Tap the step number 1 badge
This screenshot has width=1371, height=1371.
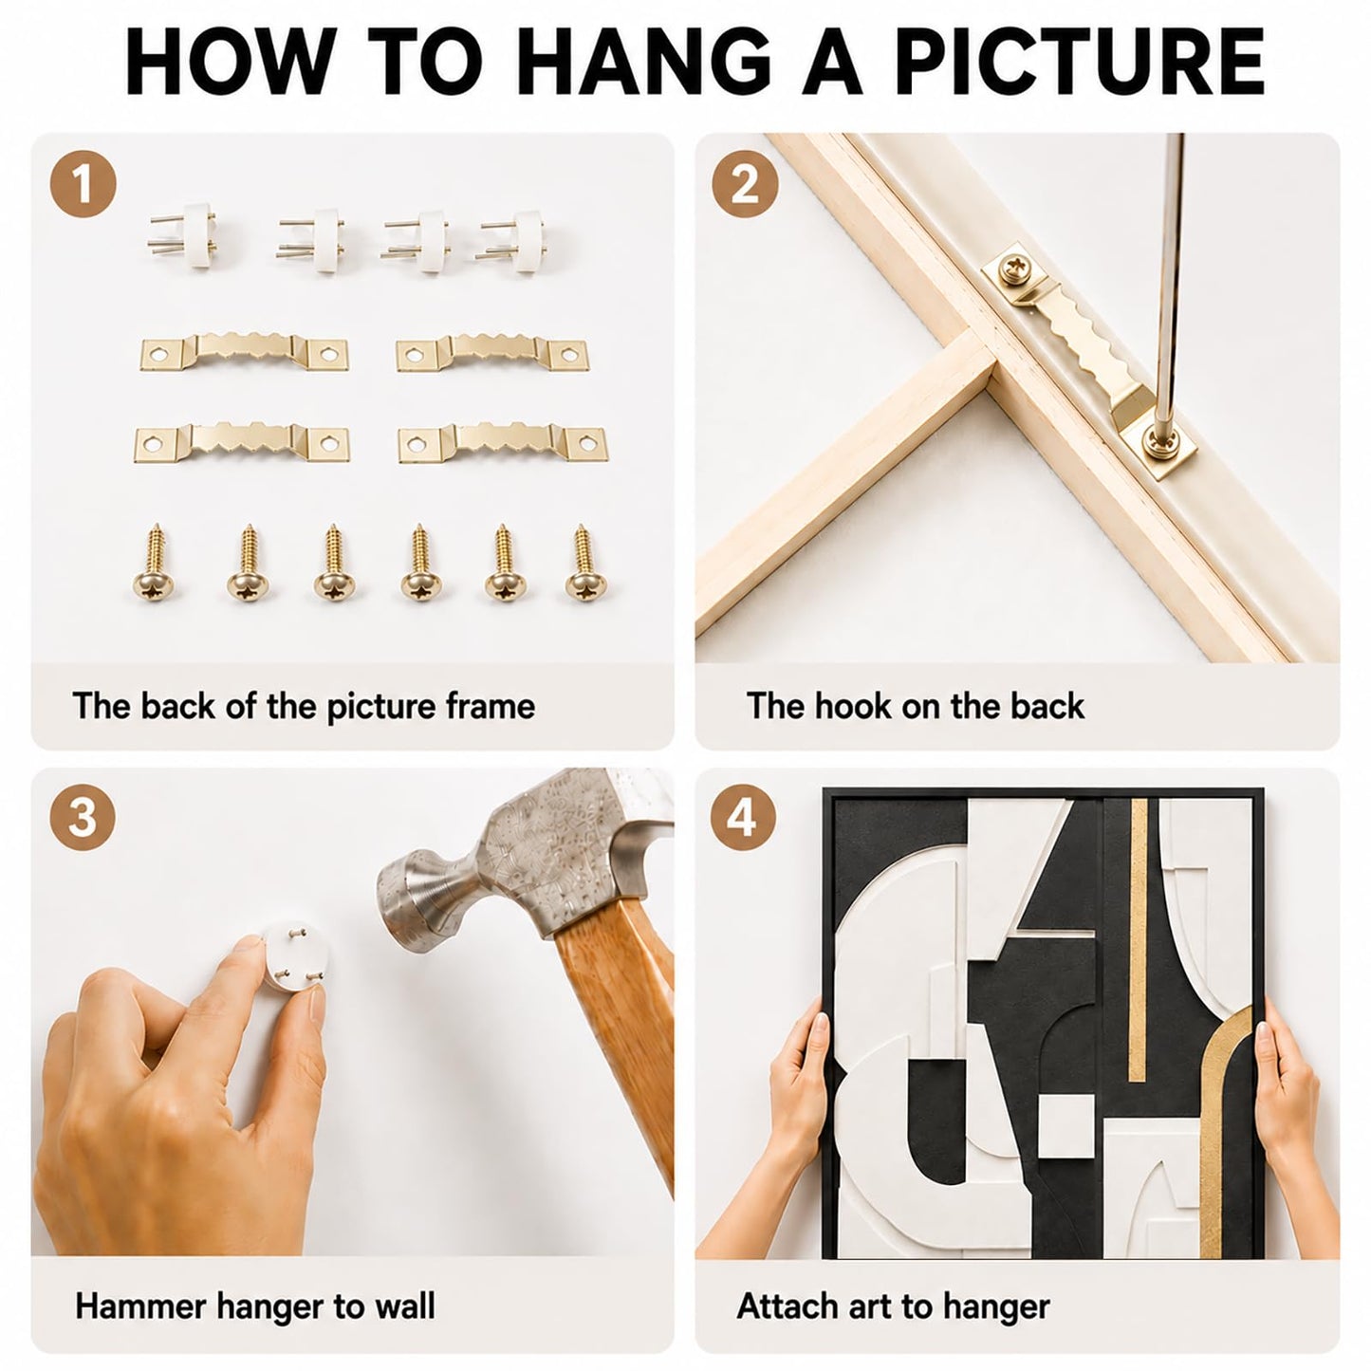tap(83, 183)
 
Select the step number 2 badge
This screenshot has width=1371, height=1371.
tap(745, 185)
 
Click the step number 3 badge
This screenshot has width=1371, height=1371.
tap(83, 818)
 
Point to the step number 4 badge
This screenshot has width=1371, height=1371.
tap(742, 818)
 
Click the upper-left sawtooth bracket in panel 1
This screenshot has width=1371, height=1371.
tap(244, 350)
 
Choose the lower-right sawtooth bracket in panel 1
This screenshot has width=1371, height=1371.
tap(502, 442)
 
